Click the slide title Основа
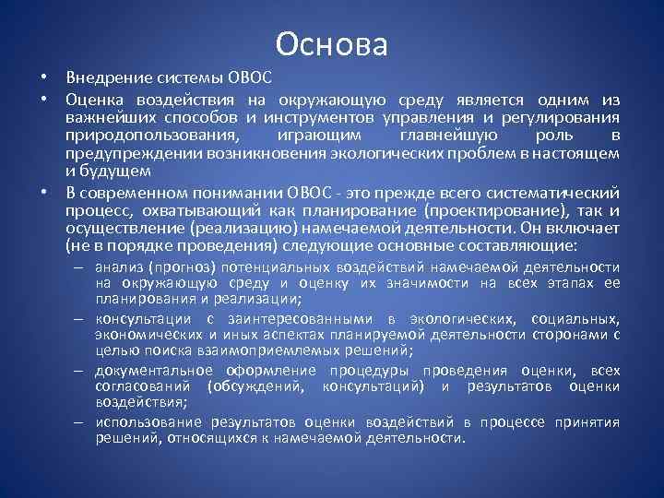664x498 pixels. (332, 43)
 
